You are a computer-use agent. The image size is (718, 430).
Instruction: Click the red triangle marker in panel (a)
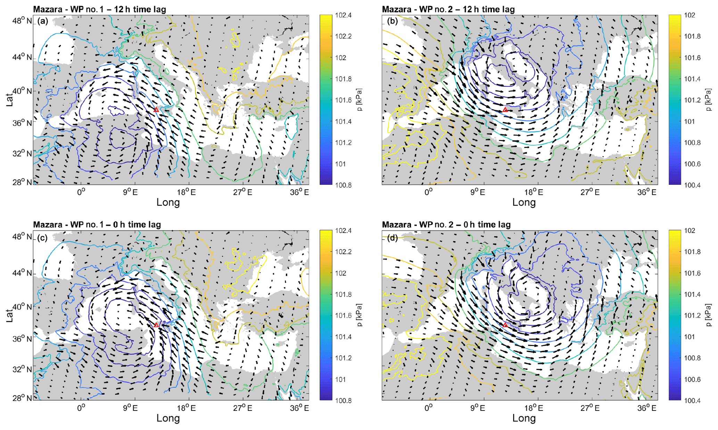156,110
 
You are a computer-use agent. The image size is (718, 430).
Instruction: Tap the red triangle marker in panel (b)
505,110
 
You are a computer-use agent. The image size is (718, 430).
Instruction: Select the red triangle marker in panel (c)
156,325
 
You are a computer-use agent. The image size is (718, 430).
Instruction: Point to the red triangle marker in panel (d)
505,325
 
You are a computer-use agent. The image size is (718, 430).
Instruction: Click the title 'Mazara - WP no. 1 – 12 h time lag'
99,9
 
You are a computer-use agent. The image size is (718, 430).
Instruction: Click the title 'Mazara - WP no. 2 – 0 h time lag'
446,225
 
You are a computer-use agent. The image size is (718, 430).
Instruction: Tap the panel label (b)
393,21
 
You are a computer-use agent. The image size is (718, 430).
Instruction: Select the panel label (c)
43,238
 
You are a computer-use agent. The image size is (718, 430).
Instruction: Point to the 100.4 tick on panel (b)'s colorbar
691,185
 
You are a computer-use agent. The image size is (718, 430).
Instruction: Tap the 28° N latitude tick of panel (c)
22,398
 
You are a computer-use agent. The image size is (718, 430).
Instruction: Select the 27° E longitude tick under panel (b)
590,192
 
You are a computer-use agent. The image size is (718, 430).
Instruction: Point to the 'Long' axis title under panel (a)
168,202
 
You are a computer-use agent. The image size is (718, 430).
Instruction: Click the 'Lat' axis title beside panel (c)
10,315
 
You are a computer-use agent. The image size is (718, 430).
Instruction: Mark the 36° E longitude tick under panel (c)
299,408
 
